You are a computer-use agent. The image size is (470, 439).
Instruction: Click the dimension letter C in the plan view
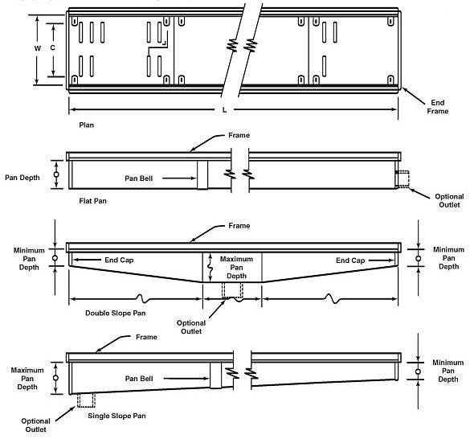tap(53, 48)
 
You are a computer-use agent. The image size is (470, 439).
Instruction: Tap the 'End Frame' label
tap(438, 107)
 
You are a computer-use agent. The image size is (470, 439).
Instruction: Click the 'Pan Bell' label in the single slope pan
tap(144, 377)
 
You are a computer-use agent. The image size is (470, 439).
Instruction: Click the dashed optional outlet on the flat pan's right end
tap(402, 178)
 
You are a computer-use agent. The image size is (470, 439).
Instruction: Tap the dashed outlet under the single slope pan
tap(86, 399)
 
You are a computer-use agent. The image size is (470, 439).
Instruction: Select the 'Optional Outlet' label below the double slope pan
tap(192, 326)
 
